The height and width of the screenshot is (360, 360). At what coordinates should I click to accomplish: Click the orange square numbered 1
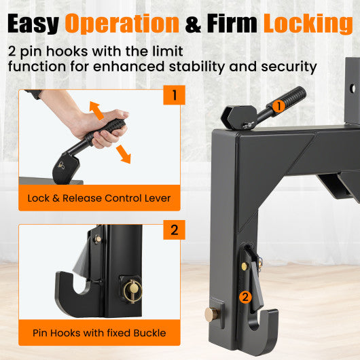coord(174,94)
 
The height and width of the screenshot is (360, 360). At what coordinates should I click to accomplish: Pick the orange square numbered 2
coord(174,230)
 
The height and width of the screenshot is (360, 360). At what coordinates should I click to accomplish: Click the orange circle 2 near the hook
coord(245,296)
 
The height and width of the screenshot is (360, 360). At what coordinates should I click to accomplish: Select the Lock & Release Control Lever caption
coord(99,198)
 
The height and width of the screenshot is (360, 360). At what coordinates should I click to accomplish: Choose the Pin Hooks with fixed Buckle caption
coord(99,333)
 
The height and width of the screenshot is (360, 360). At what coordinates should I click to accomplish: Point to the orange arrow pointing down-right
coord(124,154)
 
